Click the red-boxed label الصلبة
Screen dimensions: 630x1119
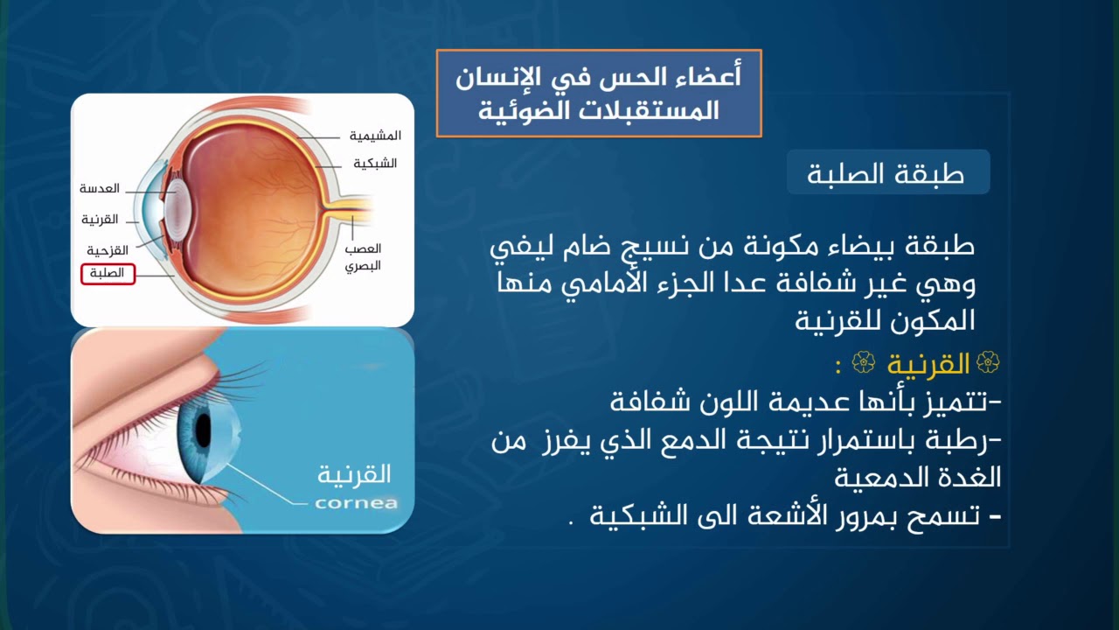108,274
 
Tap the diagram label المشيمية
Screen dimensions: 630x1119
375,136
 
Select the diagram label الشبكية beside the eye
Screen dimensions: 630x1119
375,164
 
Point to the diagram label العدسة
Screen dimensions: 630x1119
100,188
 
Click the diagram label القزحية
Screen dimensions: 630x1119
108,250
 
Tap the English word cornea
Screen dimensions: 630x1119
356,503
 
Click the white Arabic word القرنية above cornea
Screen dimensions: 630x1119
354,475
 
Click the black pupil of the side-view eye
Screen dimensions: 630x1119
203,430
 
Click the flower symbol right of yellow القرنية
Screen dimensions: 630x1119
988,362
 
